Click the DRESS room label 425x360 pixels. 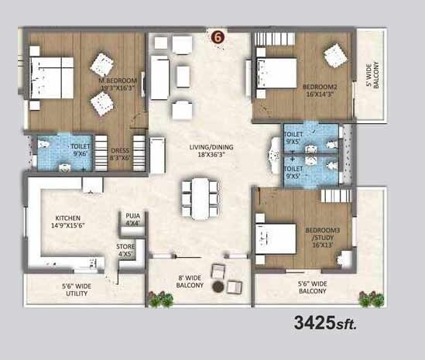click(x=118, y=153)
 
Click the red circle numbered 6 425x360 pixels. click(x=218, y=35)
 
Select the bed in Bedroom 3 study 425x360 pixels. click(x=274, y=238)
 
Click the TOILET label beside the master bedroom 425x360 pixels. click(x=80, y=149)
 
